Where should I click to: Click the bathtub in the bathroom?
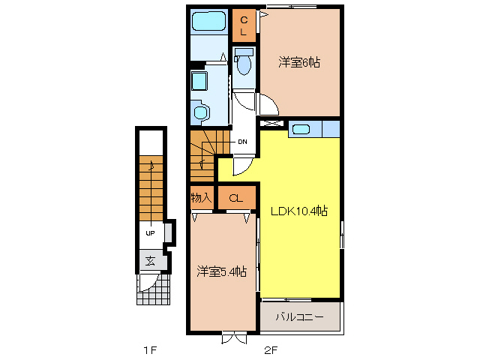click(x=209, y=21)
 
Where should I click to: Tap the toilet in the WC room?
click(x=244, y=61)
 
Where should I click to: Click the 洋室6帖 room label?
click(x=299, y=62)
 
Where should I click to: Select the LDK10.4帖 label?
click(x=299, y=211)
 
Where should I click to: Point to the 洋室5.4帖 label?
click(x=222, y=271)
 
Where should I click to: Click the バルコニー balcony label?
click(x=299, y=316)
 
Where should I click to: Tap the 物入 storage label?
click(x=201, y=198)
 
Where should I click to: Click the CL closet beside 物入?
click(x=236, y=198)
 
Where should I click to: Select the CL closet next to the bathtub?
click(x=244, y=25)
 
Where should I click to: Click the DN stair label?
click(x=242, y=142)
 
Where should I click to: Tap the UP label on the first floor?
click(x=150, y=233)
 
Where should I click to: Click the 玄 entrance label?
click(x=150, y=261)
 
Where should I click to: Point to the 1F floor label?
click(x=150, y=349)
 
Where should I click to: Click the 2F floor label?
click(x=271, y=349)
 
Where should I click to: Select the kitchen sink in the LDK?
click(x=301, y=129)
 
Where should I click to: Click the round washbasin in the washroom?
click(x=201, y=112)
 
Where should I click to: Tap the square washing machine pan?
click(x=199, y=81)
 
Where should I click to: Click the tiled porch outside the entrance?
click(x=153, y=289)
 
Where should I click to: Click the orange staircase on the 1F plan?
click(x=151, y=188)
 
